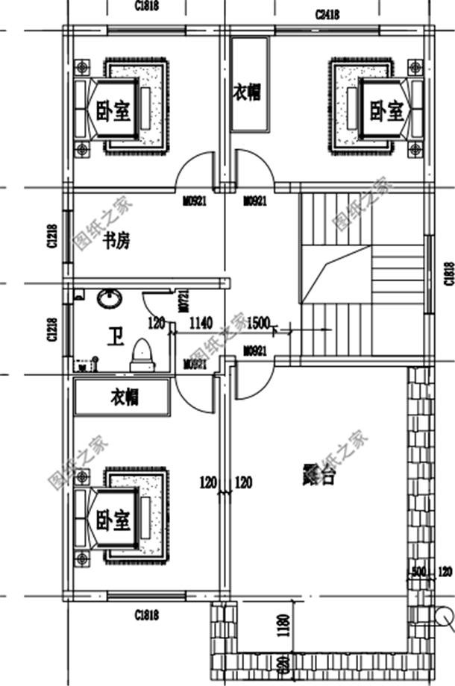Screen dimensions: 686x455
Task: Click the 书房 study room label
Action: pyautogui.click(x=116, y=241)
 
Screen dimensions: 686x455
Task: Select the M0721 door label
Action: pyautogui.click(x=183, y=300)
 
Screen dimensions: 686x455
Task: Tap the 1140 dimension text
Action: pyautogui.click(x=201, y=323)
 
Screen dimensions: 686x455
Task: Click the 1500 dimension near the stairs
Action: pyautogui.click(x=258, y=323)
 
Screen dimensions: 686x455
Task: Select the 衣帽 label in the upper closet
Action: pyautogui.click(x=248, y=95)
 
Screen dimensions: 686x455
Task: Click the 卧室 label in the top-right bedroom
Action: pyautogui.click(x=386, y=112)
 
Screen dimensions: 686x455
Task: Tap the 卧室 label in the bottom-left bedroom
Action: pyautogui.click(x=113, y=521)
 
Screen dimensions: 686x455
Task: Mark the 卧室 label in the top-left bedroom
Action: pyautogui.click(x=113, y=112)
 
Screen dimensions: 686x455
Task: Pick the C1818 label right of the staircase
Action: pyautogui.click(x=448, y=273)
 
